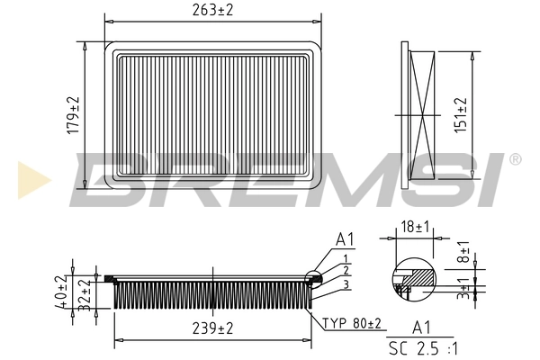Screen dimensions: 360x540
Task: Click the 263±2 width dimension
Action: [212, 11]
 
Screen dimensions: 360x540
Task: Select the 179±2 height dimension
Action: [75, 115]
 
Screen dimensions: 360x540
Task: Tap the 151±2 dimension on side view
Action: [462, 115]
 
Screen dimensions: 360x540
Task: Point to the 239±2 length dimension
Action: [212, 328]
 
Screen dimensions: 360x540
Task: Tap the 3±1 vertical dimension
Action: [463, 295]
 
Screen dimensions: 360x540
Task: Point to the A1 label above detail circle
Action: [343, 239]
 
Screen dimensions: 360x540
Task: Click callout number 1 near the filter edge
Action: [345, 257]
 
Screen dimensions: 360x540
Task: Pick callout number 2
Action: [345, 270]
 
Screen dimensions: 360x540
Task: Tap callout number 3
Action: [345, 283]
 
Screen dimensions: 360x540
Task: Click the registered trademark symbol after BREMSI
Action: [515, 159]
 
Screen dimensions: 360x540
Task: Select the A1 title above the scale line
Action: [420, 327]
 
